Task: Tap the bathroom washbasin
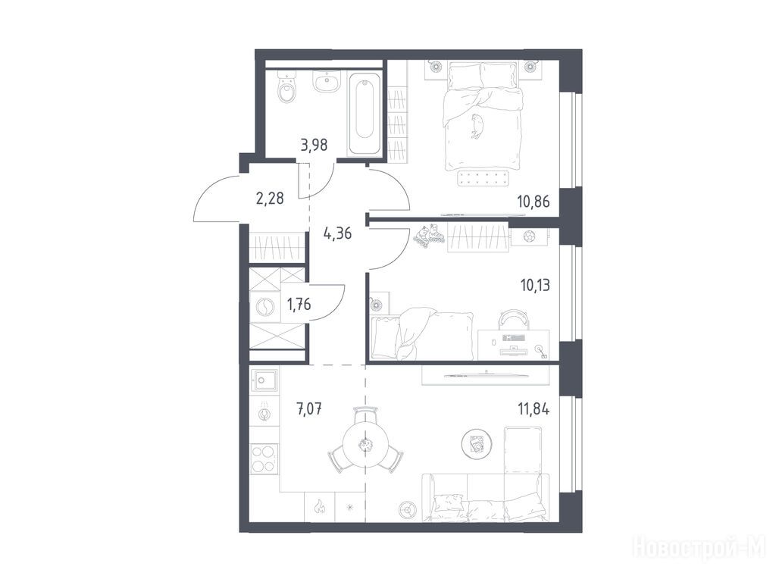(327, 81)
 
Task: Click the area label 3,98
(314, 145)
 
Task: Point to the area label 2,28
(270, 199)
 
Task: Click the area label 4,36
(337, 232)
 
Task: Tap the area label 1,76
(299, 304)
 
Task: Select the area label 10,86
(533, 202)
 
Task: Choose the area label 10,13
(535, 285)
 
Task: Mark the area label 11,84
(533, 410)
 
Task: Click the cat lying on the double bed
(477, 126)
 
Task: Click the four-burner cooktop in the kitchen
(264, 458)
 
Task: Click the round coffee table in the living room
(477, 443)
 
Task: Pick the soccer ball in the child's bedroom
(527, 237)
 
